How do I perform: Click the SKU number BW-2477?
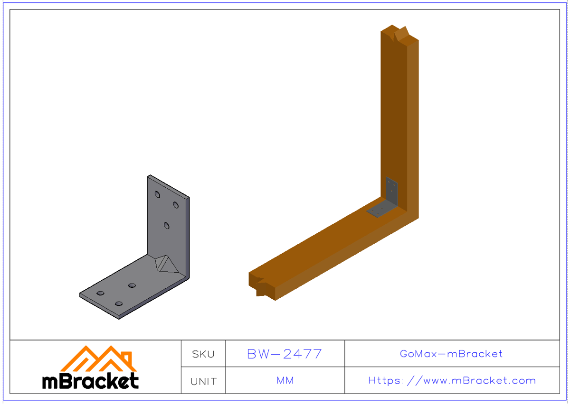[x=285, y=354]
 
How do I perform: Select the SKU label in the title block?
[x=203, y=354]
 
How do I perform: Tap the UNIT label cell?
[x=203, y=381]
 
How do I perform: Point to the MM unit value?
[x=285, y=381]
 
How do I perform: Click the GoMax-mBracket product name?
[x=451, y=354]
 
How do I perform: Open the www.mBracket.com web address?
[x=452, y=381]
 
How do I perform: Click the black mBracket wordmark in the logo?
[x=90, y=381]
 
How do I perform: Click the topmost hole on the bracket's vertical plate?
[x=158, y=194]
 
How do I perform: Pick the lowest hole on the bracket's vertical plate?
[x=167, y=225]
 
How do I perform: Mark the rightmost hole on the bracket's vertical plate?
[x=176, y=205]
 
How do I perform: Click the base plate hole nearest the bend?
[x=132, y=285]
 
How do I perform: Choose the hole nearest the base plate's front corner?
[x=119, y=303]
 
